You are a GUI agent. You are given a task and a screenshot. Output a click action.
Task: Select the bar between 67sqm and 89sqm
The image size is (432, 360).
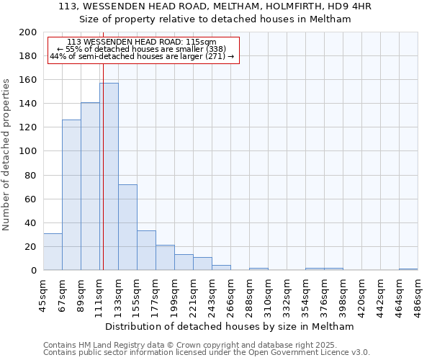click(x=71, y=195)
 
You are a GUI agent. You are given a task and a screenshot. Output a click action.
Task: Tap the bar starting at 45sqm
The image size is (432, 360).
click(x=53, y=252)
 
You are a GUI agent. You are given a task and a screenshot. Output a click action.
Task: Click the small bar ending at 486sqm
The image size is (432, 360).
click(x=408, y=269)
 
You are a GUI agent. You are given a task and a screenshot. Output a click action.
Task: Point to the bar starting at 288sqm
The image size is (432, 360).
click(x=258, y=269)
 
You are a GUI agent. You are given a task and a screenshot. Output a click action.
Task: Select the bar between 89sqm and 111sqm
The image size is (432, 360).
click(x=90, y=186)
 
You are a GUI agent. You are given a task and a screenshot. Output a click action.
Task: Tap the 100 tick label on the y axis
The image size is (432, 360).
click(x=28, y=151)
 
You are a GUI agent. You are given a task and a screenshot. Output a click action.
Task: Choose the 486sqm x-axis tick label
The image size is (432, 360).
click(x=418, y=294)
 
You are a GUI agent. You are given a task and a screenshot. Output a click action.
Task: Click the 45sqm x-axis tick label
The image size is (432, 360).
click(x=43, y=293)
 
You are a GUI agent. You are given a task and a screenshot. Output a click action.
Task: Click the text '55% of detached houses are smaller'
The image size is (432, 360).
click(x=141, y=49)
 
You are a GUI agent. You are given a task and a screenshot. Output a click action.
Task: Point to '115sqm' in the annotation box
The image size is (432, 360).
click(x=200, y=42)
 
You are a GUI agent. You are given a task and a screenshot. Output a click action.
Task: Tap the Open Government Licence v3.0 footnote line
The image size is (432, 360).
click(x=207, y=353)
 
